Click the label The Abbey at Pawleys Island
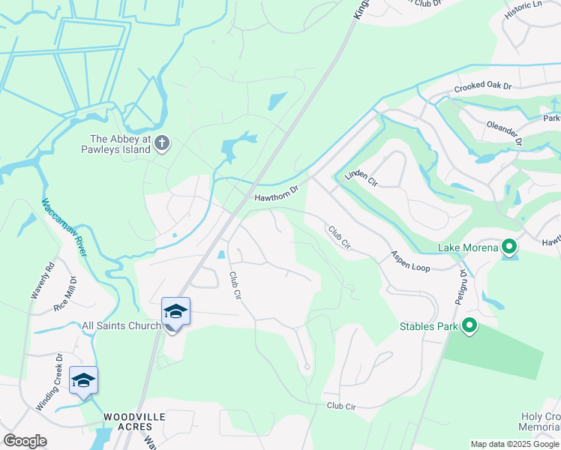coord(120,144)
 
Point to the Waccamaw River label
coord(65,226)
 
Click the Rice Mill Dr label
coord(64,294)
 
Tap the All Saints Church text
coord(121,325)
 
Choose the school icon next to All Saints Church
coord(175,312)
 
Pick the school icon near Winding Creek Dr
coord(82,380)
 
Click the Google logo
coord(25,441)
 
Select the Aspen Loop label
coord(409,262)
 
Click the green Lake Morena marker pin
coord(509,246)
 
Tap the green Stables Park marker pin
coord(469,325)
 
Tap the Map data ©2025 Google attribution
coord(514,444)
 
